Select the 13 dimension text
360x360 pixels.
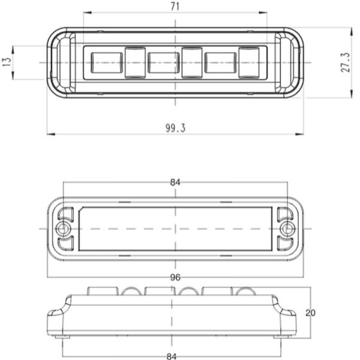[7, 62]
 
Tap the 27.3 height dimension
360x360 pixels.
[346, 62]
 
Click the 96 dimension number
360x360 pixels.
[175, 278]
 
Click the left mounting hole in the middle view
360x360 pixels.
[62, 229]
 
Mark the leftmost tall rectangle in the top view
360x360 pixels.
[134, 62]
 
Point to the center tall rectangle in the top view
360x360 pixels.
[192, 62]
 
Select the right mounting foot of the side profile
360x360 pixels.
[289, 314]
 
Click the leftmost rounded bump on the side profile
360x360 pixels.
[131, 292]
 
